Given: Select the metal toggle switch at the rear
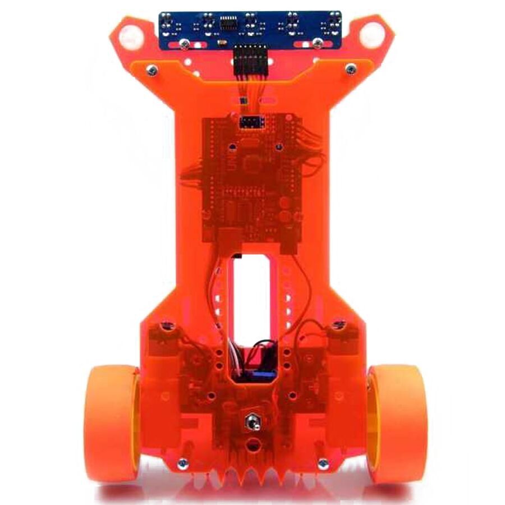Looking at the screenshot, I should pos(252,420).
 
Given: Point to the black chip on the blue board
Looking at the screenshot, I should pos(228,23).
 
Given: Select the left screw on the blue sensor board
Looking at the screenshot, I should pos(185,43).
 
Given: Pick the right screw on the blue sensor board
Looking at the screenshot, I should pos(317,43).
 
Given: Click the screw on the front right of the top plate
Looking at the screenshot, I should pos(351,69).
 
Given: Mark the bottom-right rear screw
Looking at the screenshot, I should pos(323,463).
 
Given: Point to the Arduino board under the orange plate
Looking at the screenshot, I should pos(252,180).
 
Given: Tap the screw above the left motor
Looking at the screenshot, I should pos(165,325).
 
